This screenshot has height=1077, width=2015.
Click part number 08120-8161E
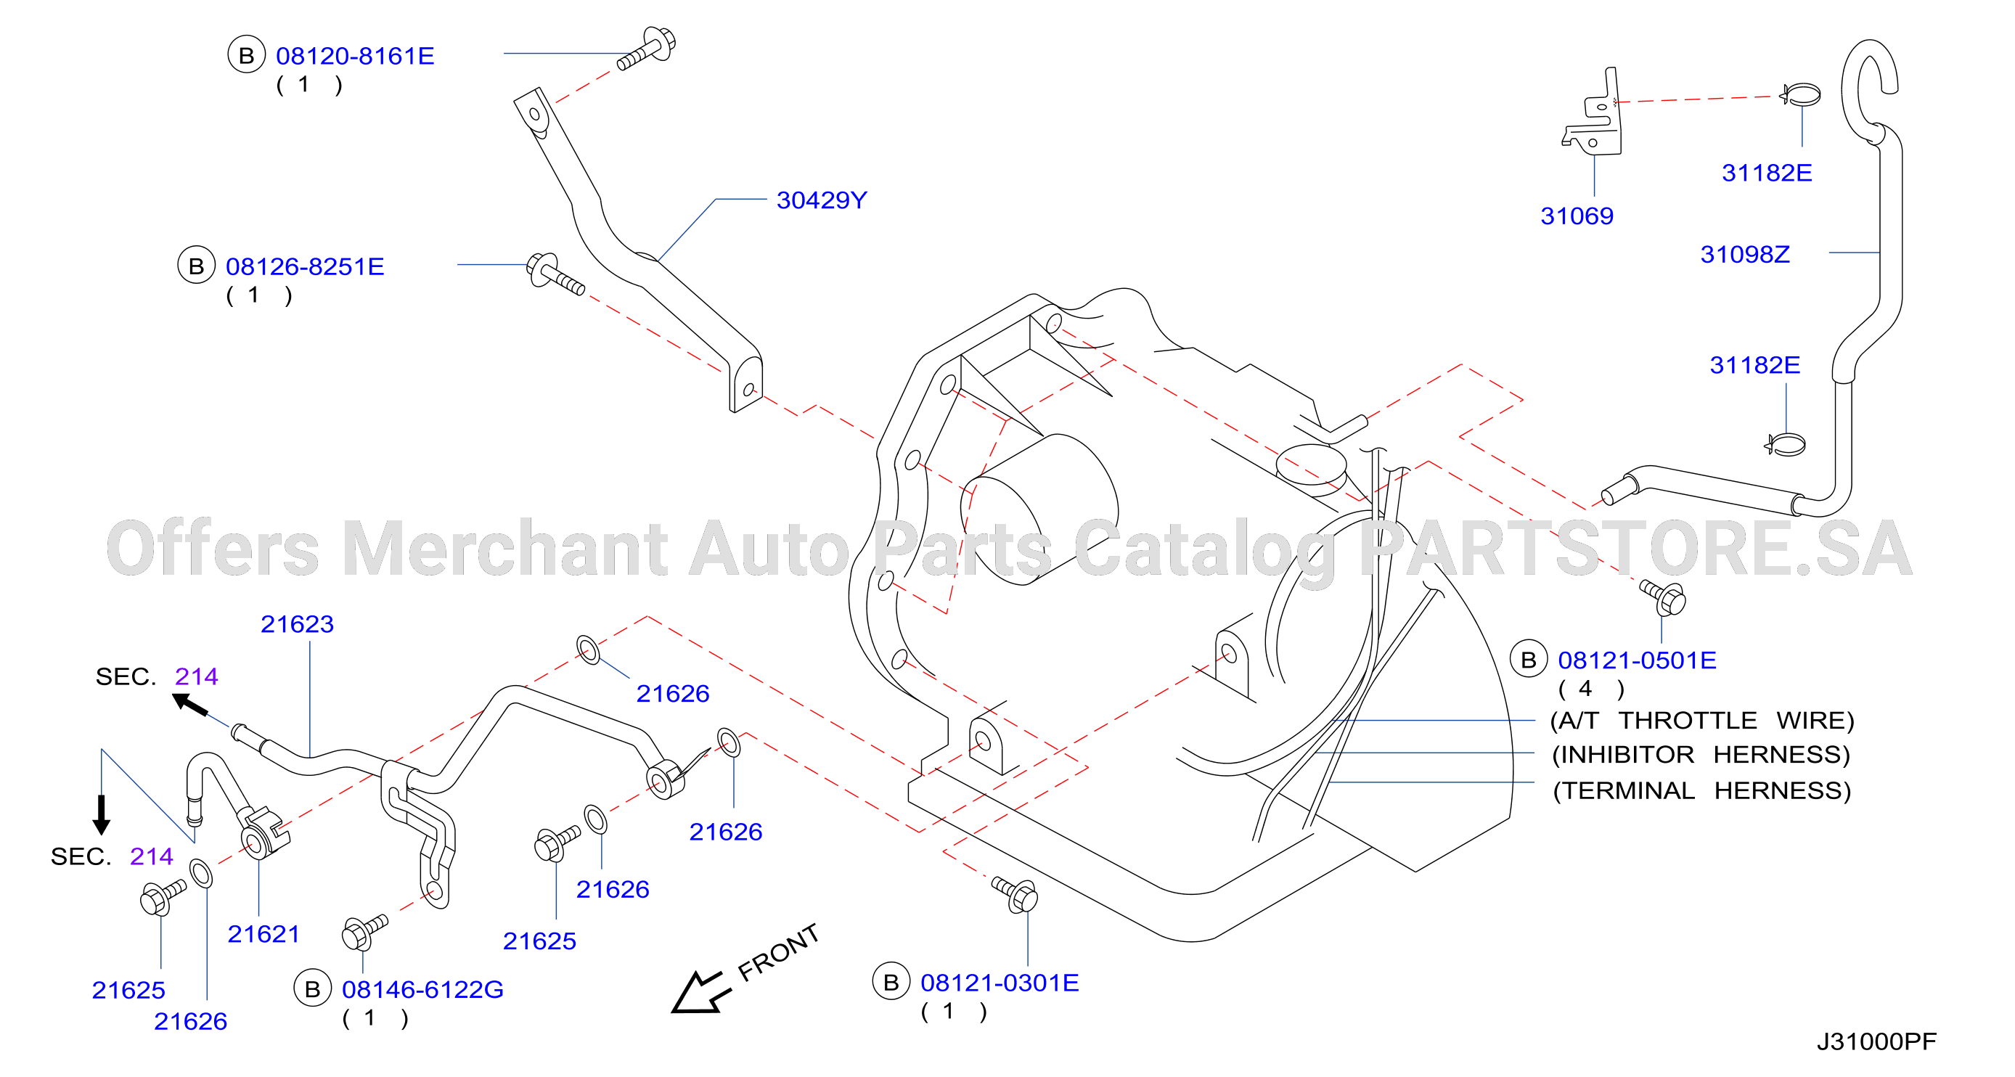pyautogui.click(x=355, y=57)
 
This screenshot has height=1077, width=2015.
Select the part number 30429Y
pyautogui.click(x=822, y=200)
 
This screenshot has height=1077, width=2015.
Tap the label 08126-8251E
pyautogui.click(x=305, y=266)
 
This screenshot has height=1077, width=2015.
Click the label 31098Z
pyautogui.click(x=1744, y=254)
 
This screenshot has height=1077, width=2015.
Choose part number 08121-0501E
pyautogui.click(x=1638, y=660)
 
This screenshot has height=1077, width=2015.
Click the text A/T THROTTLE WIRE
pyautogui.click(x=1702, y=721)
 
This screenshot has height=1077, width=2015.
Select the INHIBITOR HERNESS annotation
pyautogui.click(x=1701, y=755)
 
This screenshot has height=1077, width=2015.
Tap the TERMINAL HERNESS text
pyautogui.click(x=1701, y=791)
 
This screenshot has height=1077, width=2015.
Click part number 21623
pyautogui.click(x=298, y=624)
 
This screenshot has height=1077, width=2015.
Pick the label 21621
pyautogui.click(x=263, y=934)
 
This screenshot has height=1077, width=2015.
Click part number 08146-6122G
pyautogui.click(x=422, y=989)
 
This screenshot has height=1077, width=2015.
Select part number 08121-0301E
pyautogui.click(x=1000, y=983)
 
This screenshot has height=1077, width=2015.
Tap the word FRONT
pyautogui.click(x=778, y=952)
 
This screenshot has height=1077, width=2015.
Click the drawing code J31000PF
pyautogui.click(x=1876, y=1042)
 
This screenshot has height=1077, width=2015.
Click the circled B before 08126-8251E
pyautogui.click(x=196, y=266)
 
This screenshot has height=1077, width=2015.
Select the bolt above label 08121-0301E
pyautogui.click(x=1015, y=894)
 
